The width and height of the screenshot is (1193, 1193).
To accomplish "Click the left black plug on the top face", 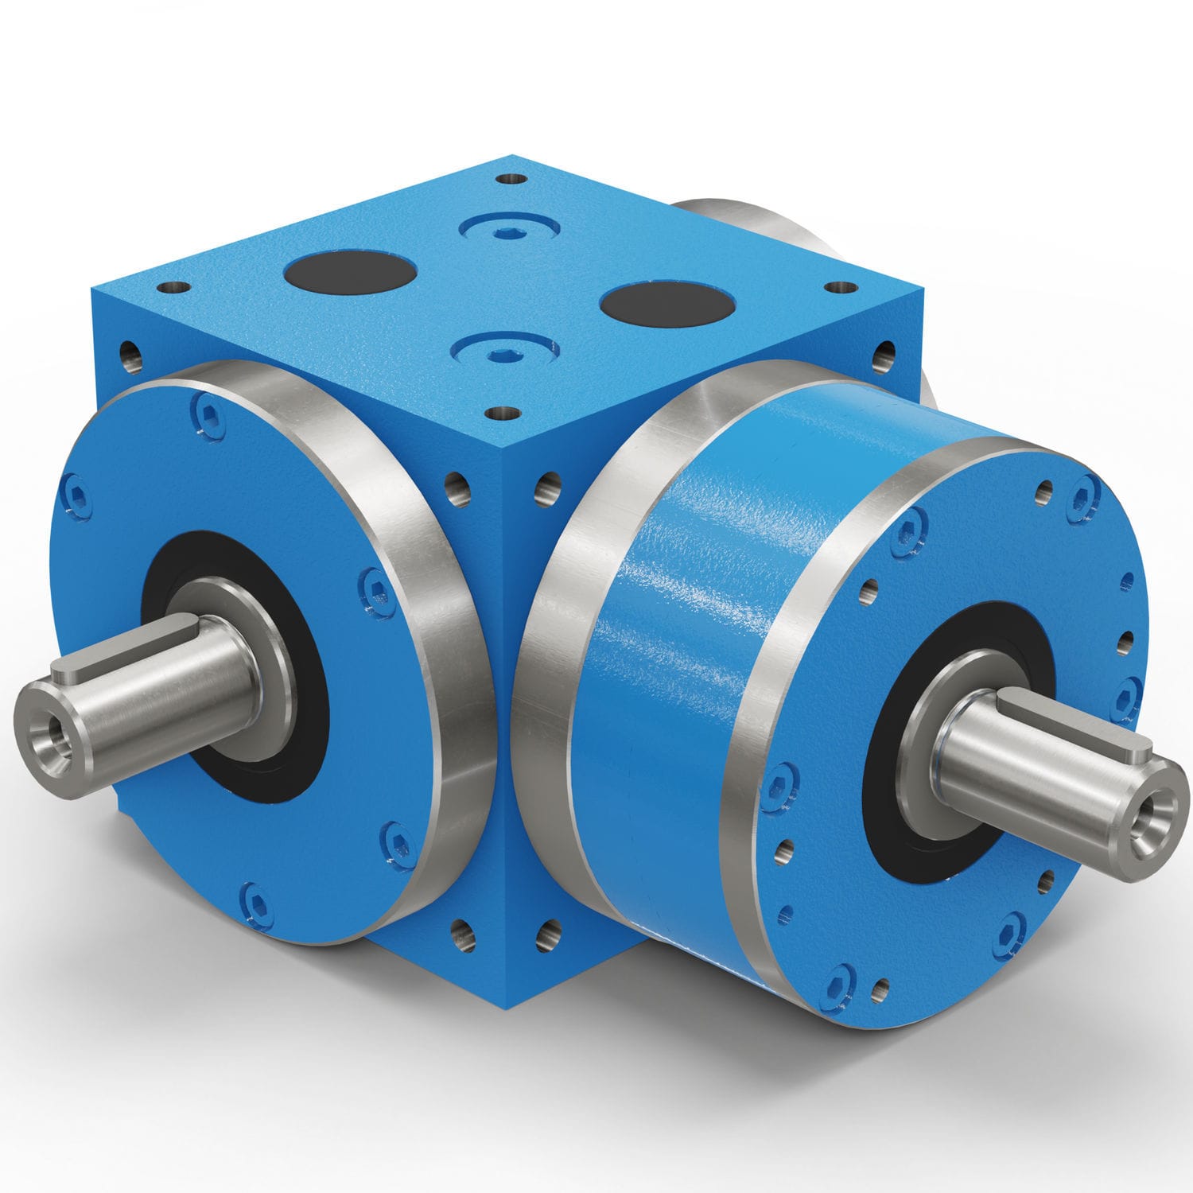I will (350, 272).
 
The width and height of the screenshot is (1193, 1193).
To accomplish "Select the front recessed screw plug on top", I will (503, 349).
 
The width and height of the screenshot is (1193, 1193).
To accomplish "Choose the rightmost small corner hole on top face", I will (839, 287).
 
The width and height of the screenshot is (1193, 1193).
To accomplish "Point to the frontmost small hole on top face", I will (503, 413).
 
